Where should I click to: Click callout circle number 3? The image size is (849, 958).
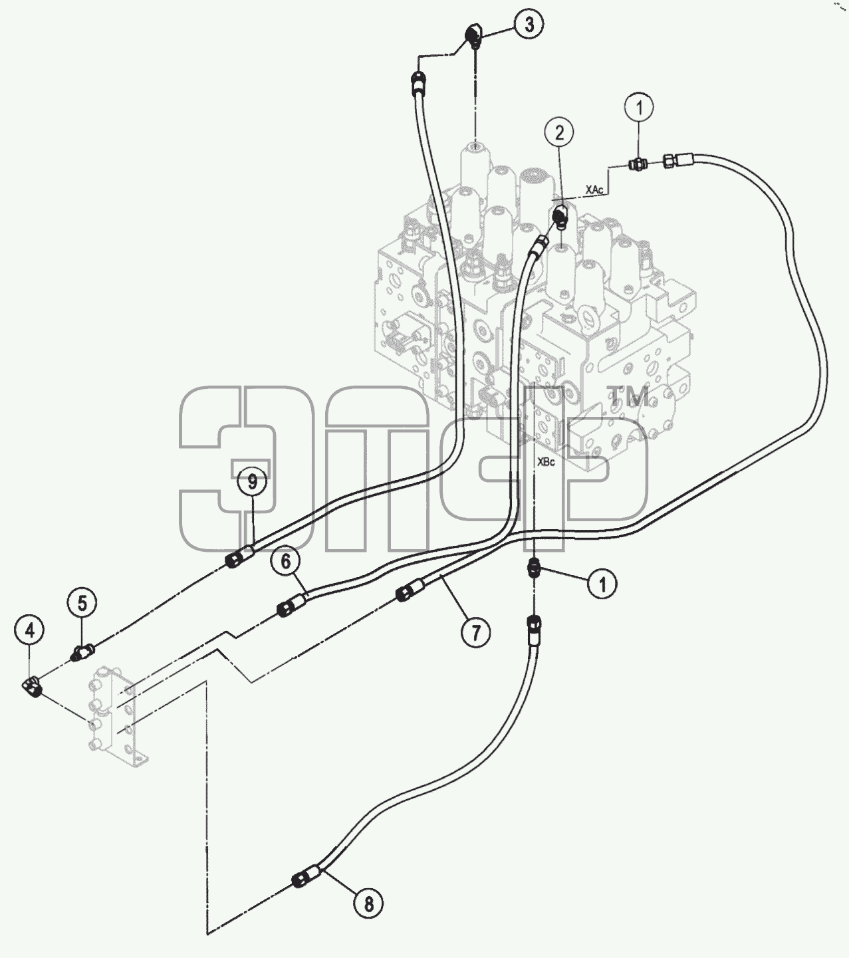point(529,24)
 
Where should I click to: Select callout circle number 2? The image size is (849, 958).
point(560,134)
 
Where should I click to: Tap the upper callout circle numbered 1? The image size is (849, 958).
point(639,107)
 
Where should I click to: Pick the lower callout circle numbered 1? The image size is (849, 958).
point(602,584)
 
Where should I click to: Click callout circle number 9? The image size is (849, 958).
point(252,482)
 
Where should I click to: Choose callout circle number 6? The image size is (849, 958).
point(285,561)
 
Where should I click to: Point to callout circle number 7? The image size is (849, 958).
point(475,632)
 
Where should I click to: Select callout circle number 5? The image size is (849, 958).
point(82,603)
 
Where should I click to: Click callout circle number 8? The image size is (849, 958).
point(368,903)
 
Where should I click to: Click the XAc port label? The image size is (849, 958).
point(594,189)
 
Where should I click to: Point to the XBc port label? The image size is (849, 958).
point(546,462)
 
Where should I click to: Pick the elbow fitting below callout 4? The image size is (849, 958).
point(33,685)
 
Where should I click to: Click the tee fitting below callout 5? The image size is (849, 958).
point(82,654)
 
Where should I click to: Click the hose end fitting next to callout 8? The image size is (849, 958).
point(307,876)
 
